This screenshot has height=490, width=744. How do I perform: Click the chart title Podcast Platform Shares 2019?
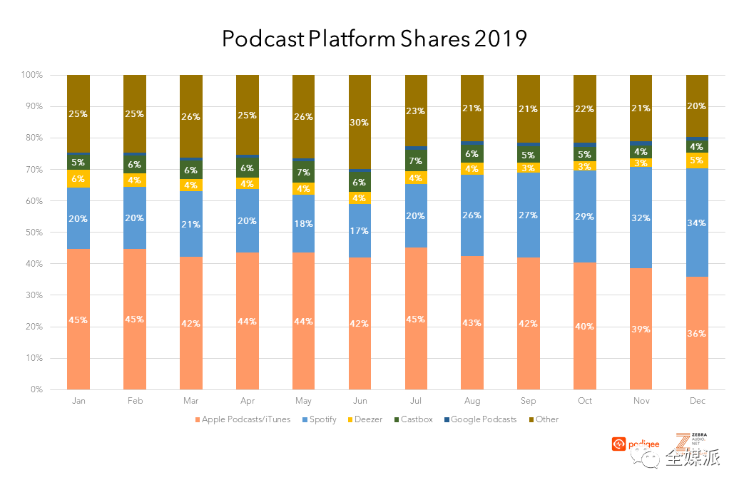[374, 39]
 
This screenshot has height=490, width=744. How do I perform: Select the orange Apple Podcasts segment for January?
[78, 320]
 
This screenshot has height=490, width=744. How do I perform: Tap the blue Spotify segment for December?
[697, 223]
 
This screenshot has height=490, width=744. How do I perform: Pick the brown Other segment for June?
[360, 122]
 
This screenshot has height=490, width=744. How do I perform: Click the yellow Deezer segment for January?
[78, 179]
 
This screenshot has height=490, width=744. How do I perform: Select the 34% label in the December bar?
[697, 223]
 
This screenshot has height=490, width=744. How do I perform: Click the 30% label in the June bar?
[360, 123]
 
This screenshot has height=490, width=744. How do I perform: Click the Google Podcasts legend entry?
[482, 419]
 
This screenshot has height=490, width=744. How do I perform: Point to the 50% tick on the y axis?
[32, 233]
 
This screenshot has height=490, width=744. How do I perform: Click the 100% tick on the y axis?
[31, 75]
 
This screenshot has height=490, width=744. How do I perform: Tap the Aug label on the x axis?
[472, 401]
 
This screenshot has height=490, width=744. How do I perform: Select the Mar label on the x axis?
[191, 401]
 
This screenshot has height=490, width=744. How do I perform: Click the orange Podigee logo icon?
[618, 444]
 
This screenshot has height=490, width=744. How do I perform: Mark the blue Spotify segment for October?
[584, 217]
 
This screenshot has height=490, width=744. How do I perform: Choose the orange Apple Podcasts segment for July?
[416, 319]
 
